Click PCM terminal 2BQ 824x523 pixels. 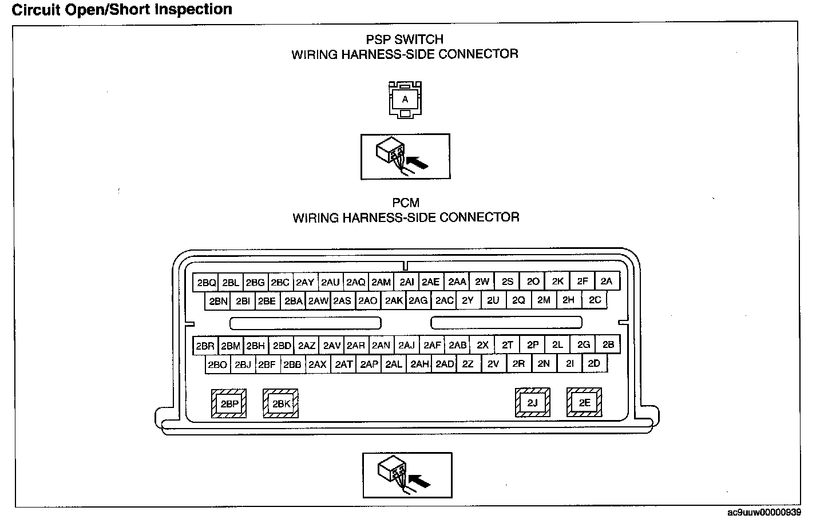[206, 283]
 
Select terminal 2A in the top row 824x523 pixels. [607, 281]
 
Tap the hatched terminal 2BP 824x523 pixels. [229, 404]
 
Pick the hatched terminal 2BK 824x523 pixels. [281, 404]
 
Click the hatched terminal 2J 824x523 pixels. [533, 403]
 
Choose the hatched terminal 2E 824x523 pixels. [584, 403]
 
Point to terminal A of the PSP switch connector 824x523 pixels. [405, 100]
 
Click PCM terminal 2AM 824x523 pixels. [381, 282]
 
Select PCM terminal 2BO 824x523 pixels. [217, 364]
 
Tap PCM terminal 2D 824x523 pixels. [595, 363]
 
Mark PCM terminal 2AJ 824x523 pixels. [406, 346]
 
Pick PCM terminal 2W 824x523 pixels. [482, 282]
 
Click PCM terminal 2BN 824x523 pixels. [218, 301]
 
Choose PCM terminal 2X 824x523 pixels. [483, 345]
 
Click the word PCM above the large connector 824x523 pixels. [406, 203]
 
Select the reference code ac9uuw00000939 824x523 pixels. [764, 513]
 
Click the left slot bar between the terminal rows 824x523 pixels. [305, 323]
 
